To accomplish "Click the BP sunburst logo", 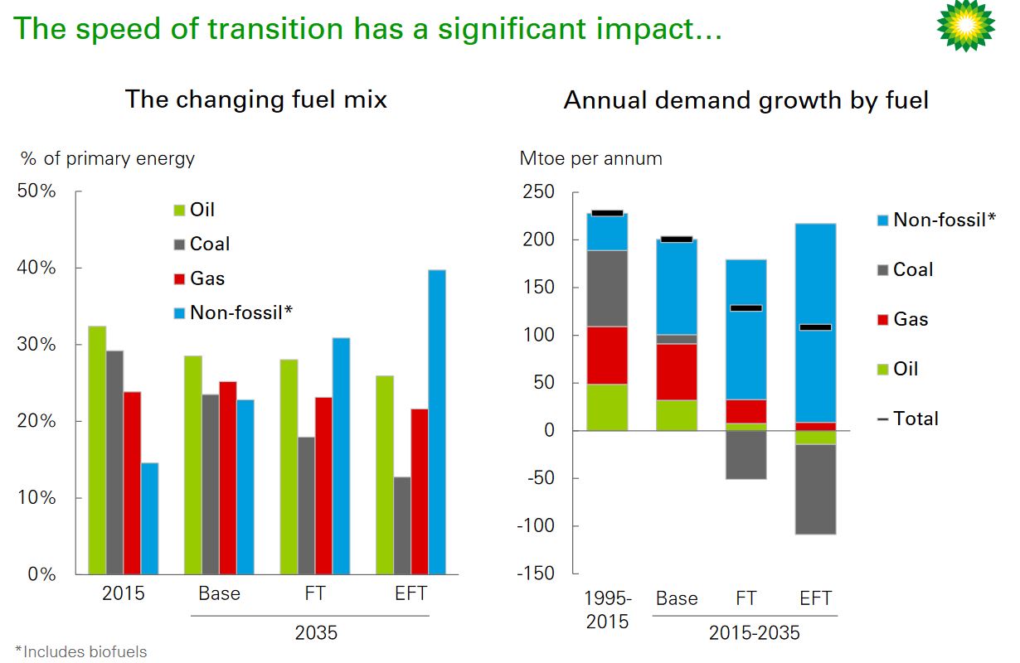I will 965,26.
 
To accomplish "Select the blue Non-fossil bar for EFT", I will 436,422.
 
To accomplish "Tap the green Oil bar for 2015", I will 96,450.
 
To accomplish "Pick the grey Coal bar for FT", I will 307,506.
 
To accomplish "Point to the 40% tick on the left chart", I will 36,268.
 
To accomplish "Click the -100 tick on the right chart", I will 537,526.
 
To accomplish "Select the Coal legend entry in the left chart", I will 209,244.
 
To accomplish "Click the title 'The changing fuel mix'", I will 255,100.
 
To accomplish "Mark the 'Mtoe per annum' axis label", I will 590,158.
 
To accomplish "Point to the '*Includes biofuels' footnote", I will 80,652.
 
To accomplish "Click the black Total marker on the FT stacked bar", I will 746,308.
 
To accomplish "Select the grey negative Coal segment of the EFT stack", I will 815,489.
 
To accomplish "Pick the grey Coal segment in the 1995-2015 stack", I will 608,288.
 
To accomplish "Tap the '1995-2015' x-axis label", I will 608,609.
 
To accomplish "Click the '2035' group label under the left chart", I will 316,633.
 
